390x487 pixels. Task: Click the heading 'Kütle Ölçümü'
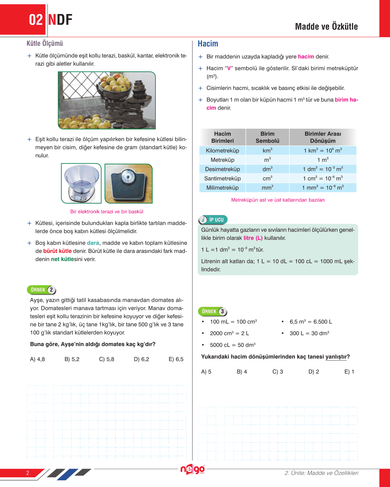(45, 43)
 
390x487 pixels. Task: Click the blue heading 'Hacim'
(208, 44)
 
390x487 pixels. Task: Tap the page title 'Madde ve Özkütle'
(326, 27)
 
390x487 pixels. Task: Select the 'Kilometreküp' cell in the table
(222, 151)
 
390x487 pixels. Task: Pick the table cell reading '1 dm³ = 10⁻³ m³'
(323, 169)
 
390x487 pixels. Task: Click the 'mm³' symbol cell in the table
(267, 188)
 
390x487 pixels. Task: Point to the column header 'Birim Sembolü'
(267, 137)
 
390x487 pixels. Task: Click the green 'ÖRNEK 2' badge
(42, 290)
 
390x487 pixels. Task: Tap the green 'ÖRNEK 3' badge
(213, 311)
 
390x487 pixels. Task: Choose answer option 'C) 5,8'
(107, 359)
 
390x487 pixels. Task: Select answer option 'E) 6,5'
(176, 359)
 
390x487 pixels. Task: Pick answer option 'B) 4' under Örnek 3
(242, 372)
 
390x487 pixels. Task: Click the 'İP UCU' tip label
(213, 220)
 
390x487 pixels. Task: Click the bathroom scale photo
(129, 184)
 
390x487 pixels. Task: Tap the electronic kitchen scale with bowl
(81, 183)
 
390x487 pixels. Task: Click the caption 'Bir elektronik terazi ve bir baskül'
(107, 211)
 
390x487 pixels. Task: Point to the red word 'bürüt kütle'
(57, 251)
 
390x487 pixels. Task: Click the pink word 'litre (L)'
(253, 238)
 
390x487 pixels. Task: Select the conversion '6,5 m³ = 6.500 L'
(311, 322)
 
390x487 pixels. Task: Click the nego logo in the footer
(193, 470)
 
